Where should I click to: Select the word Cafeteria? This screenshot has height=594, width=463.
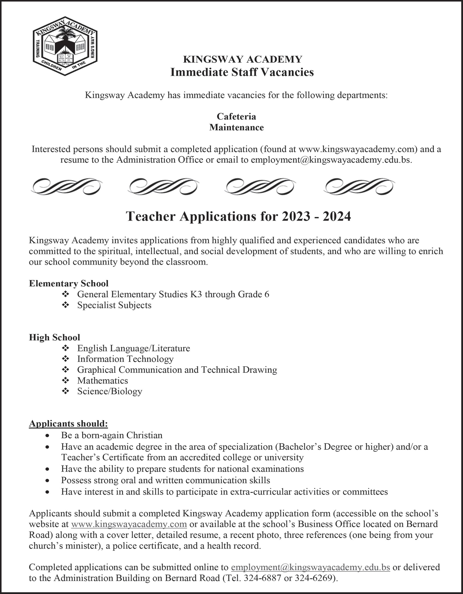(236, 116)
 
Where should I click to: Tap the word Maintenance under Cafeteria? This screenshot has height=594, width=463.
(236, 127)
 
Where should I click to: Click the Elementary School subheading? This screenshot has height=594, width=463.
(69, 283)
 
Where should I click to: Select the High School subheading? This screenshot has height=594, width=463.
(55, 337)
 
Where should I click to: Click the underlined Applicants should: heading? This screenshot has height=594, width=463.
(68, 424)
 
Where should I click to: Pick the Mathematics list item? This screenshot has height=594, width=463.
(102, 380)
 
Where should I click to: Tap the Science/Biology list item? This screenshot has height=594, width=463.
(110, 391)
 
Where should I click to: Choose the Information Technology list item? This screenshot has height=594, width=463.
(125, 359)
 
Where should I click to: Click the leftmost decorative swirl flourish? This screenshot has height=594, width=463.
(67, 186)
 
